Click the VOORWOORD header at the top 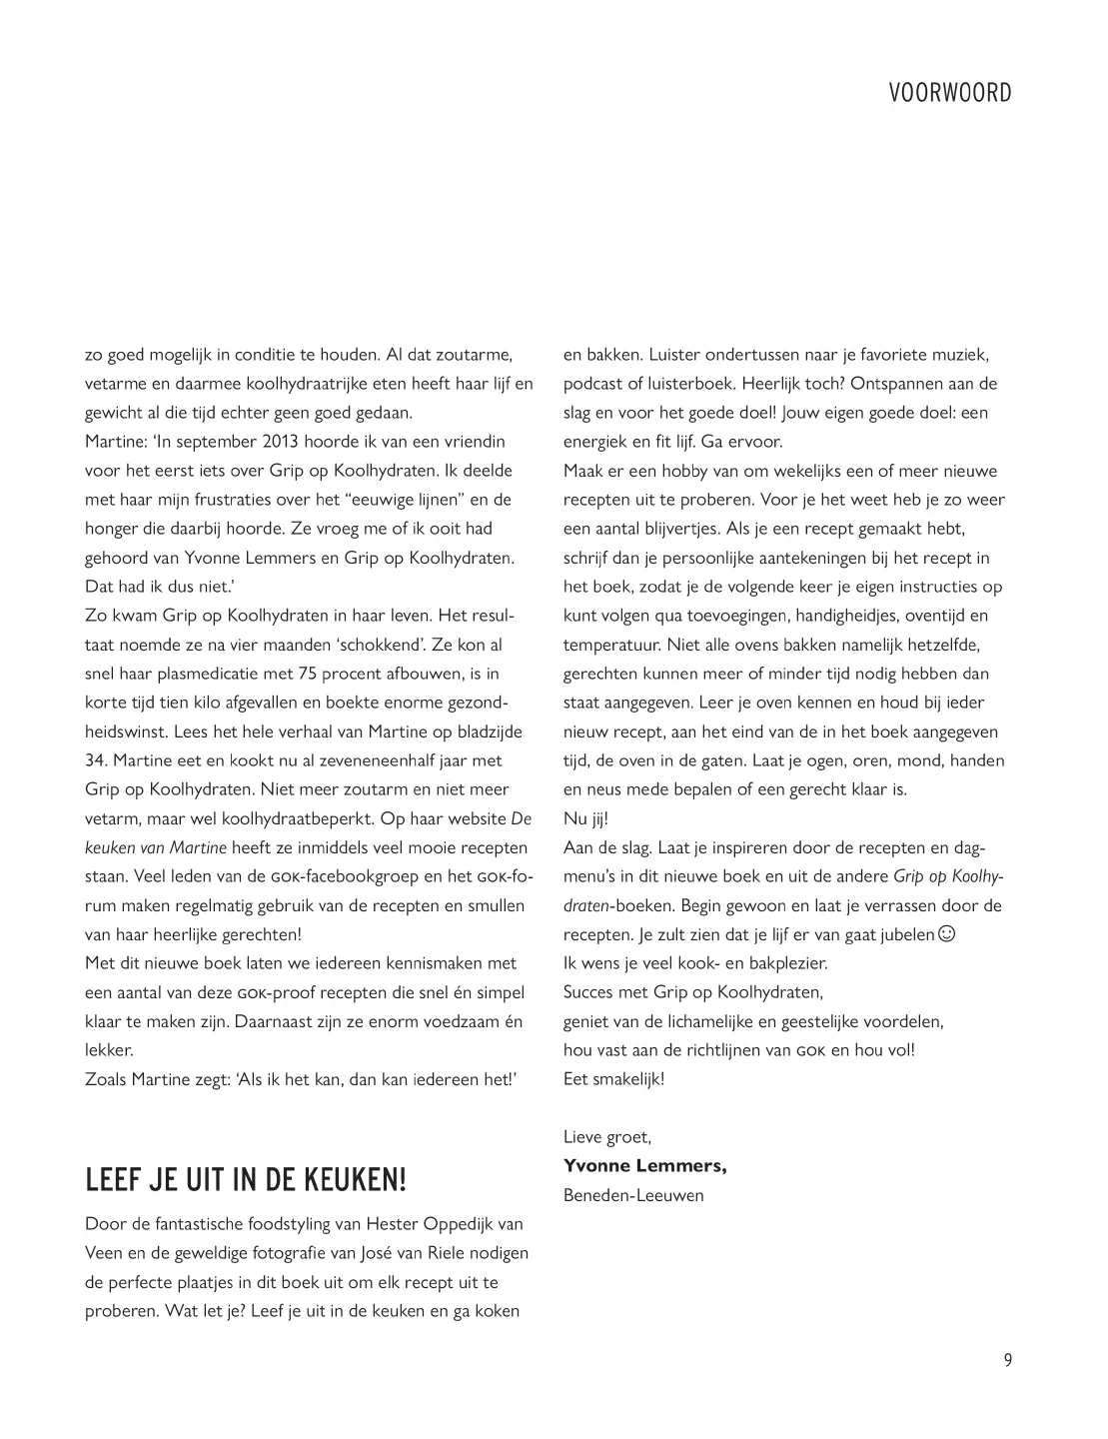point(949,93)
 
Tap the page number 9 point(1007,1359)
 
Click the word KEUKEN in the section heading point(344,1180)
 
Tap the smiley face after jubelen point(947,934)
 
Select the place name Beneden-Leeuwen point(633,1195)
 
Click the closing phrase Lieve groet point(606,1136)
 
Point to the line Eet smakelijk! point(613,1078)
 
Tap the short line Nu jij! point(585,817)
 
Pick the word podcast point(591,384)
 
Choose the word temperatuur point(609,645)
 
